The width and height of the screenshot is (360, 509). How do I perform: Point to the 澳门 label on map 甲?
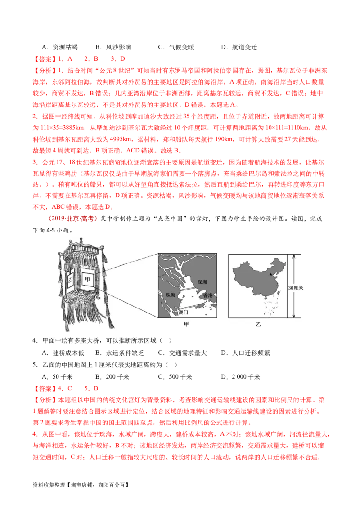tap(185, 311)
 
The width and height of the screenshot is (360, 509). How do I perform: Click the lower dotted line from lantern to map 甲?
tap(130, 306)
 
